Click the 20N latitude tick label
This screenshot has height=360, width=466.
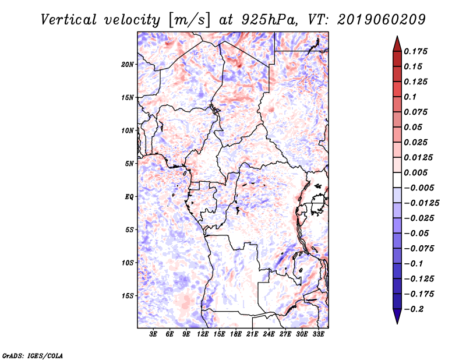pos(128,64)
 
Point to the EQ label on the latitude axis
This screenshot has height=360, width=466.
pos(129,197)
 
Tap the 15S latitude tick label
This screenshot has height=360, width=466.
pos(128,296)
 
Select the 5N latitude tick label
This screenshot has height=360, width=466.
pos(129,164)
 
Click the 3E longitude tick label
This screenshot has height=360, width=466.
pos(154,335)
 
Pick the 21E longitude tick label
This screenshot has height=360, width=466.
pos(252,335)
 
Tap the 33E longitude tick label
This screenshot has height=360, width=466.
pos(318,335)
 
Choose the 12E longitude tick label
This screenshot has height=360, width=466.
pos(203,335)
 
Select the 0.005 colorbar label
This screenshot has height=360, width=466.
pos(416,172)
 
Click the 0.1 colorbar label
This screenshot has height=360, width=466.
pos(410,97)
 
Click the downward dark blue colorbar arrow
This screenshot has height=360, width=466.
pos(397,317)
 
